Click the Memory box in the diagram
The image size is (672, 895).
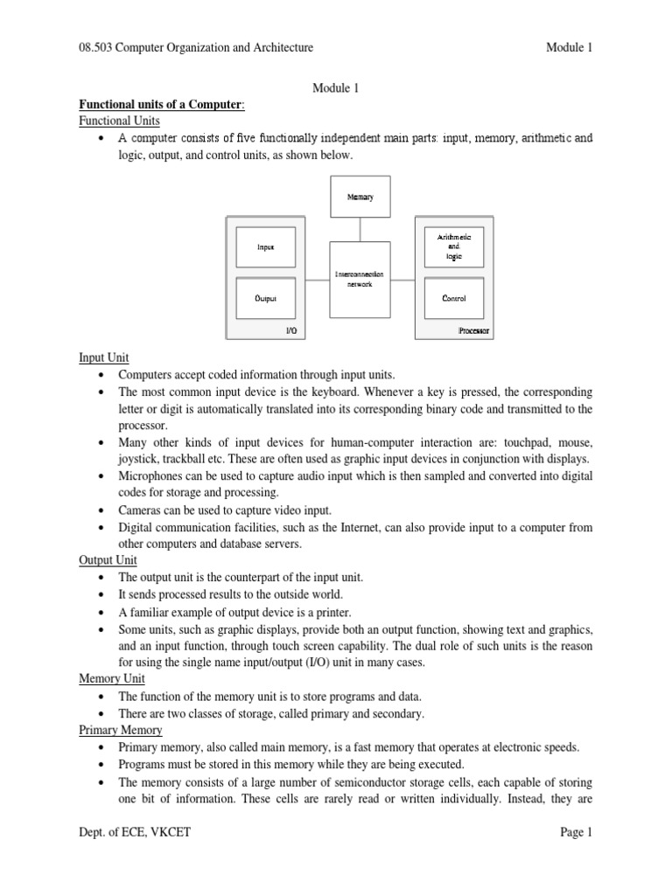(360, 197)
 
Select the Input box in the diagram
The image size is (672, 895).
(265, 247)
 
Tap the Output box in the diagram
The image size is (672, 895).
(265, 298)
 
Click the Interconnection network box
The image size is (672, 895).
(360, 280)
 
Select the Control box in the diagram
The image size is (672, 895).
(453, 298)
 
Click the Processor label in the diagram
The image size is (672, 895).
(474, 331)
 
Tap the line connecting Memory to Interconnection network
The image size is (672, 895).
(360, 229)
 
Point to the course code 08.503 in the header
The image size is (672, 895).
(97, 48)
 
